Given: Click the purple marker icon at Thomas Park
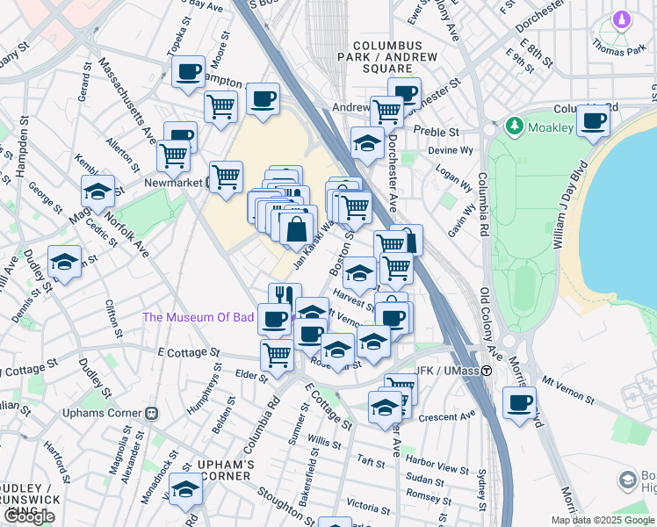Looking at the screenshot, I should pyautogui.click(x=622, y=19).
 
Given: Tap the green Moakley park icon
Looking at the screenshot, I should pyautogui.click(x=514, y=127).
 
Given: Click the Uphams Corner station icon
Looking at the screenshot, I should pyautogui.click(x=151, y=412).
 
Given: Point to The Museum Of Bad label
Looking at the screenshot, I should pyautogui.click(x=198, y=317).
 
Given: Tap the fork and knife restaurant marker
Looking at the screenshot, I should pyautogui.click(x=285, y=297).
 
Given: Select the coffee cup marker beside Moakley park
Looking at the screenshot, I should pyautogui.click(x=593, y=121).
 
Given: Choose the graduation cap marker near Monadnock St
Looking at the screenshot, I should pyautogui.click(x=185, y=490).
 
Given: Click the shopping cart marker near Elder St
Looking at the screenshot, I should pyautogui.click(x=278, y=356).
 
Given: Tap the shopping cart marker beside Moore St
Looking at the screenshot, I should pyautogui.click(x=220, y=107).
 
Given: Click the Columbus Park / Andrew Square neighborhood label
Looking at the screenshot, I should pyautogui.click(x=387, y=56).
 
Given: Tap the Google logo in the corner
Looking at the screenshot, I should pyautogui.click(x=28, y=516).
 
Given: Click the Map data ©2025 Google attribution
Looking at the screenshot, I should pyautogui.click(x=603, y=520).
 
